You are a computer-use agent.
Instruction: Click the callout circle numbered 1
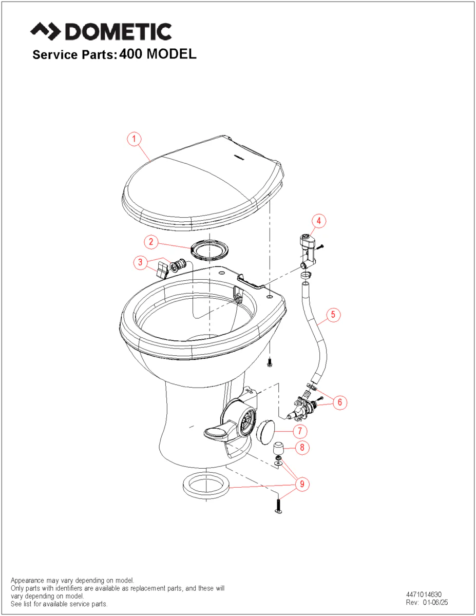point(134,139)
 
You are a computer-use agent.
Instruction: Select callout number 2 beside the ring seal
point(151,242)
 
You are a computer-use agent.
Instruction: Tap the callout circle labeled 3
point(140,262)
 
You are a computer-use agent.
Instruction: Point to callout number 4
point(319,221)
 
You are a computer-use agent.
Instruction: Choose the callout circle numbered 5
point(333,315)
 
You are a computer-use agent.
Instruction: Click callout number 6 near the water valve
point(339,402)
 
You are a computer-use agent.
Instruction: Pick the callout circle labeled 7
point(300,431)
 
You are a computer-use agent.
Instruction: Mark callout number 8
point(302,448)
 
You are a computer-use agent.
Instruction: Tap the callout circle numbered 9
point(302,484)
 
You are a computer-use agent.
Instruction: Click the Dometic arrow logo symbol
point(45,31)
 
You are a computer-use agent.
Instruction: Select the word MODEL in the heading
point(171,54)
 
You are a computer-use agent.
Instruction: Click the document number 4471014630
point(424,594)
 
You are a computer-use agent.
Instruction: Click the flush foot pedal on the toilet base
point(217,432)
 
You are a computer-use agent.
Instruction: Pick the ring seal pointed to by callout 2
point(210,249)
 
